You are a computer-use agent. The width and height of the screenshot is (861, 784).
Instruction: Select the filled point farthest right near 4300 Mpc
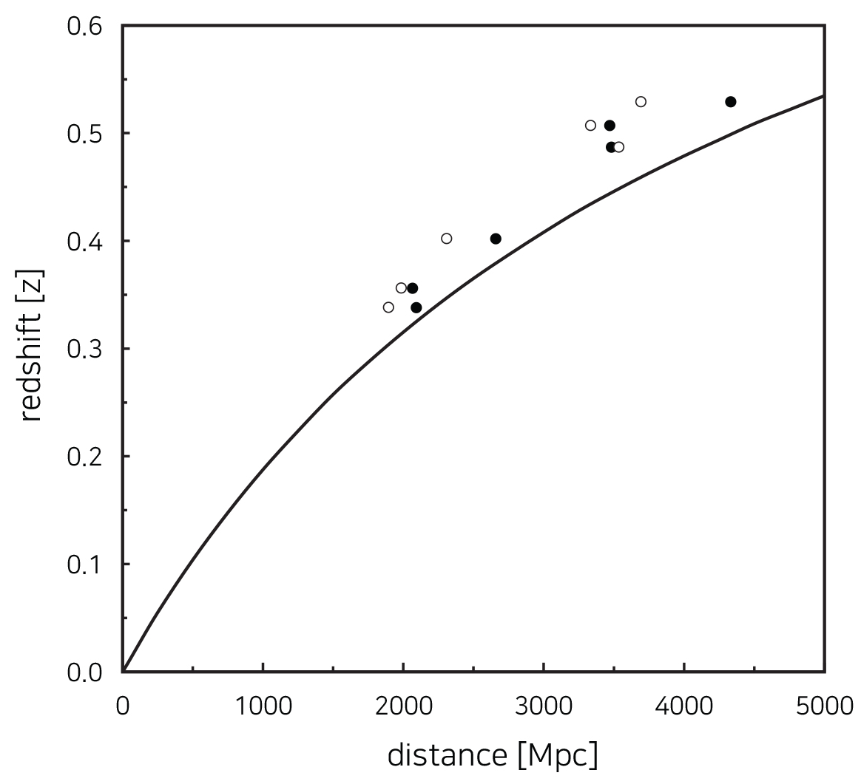731,102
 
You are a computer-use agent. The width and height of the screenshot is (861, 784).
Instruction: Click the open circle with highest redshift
641,102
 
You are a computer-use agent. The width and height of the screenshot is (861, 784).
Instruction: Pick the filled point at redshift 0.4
496,239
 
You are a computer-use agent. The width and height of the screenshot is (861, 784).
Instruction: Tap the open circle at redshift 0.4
447,239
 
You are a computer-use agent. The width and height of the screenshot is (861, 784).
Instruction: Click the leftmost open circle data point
388,307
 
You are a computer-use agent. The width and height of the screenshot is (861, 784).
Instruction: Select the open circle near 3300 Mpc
590,126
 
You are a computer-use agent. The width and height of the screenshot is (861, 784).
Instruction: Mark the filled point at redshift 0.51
610,126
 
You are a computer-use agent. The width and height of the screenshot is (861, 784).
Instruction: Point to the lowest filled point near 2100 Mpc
416,307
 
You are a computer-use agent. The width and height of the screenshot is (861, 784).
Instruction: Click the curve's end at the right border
823,96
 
